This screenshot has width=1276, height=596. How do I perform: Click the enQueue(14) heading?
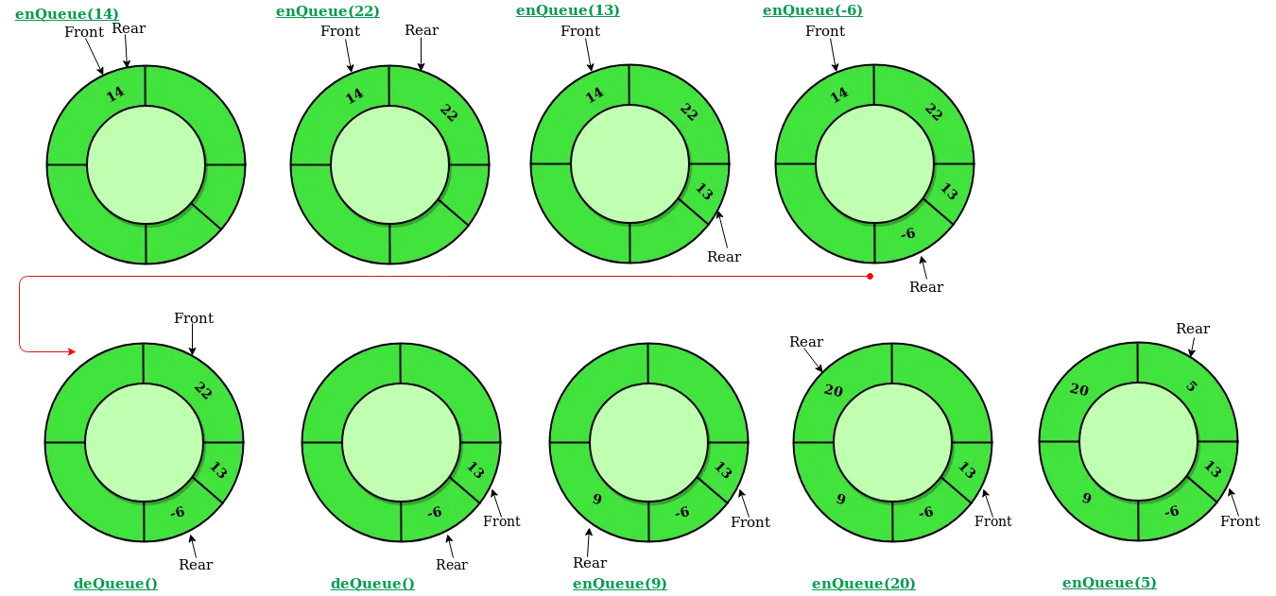67,14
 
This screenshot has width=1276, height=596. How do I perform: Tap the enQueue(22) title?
328,11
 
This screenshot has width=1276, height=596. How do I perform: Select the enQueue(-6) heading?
812,10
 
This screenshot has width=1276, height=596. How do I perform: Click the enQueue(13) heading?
567,10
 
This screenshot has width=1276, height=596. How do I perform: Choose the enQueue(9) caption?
620,584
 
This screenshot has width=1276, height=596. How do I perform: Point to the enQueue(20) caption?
864,584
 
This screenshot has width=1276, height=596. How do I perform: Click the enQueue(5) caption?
1109,583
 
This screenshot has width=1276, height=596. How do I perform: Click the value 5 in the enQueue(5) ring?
1191,386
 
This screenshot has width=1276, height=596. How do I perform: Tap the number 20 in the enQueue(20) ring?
834,390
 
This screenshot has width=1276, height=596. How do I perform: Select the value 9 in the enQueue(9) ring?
597,500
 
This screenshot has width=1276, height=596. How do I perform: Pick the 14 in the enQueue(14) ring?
115,94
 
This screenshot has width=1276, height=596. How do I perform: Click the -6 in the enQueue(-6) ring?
908,232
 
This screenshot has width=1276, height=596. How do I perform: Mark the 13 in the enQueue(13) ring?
704,192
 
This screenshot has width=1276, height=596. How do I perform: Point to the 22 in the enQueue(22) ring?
449,112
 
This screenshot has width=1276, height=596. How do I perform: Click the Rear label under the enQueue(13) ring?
724,257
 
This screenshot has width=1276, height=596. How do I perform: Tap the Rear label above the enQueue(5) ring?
1193,329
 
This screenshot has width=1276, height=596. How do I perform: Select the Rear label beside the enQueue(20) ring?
806,342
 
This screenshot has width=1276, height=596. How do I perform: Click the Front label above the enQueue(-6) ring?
825,31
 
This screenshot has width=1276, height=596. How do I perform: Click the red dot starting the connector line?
870,276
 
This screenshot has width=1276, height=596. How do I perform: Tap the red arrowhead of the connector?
72,351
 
